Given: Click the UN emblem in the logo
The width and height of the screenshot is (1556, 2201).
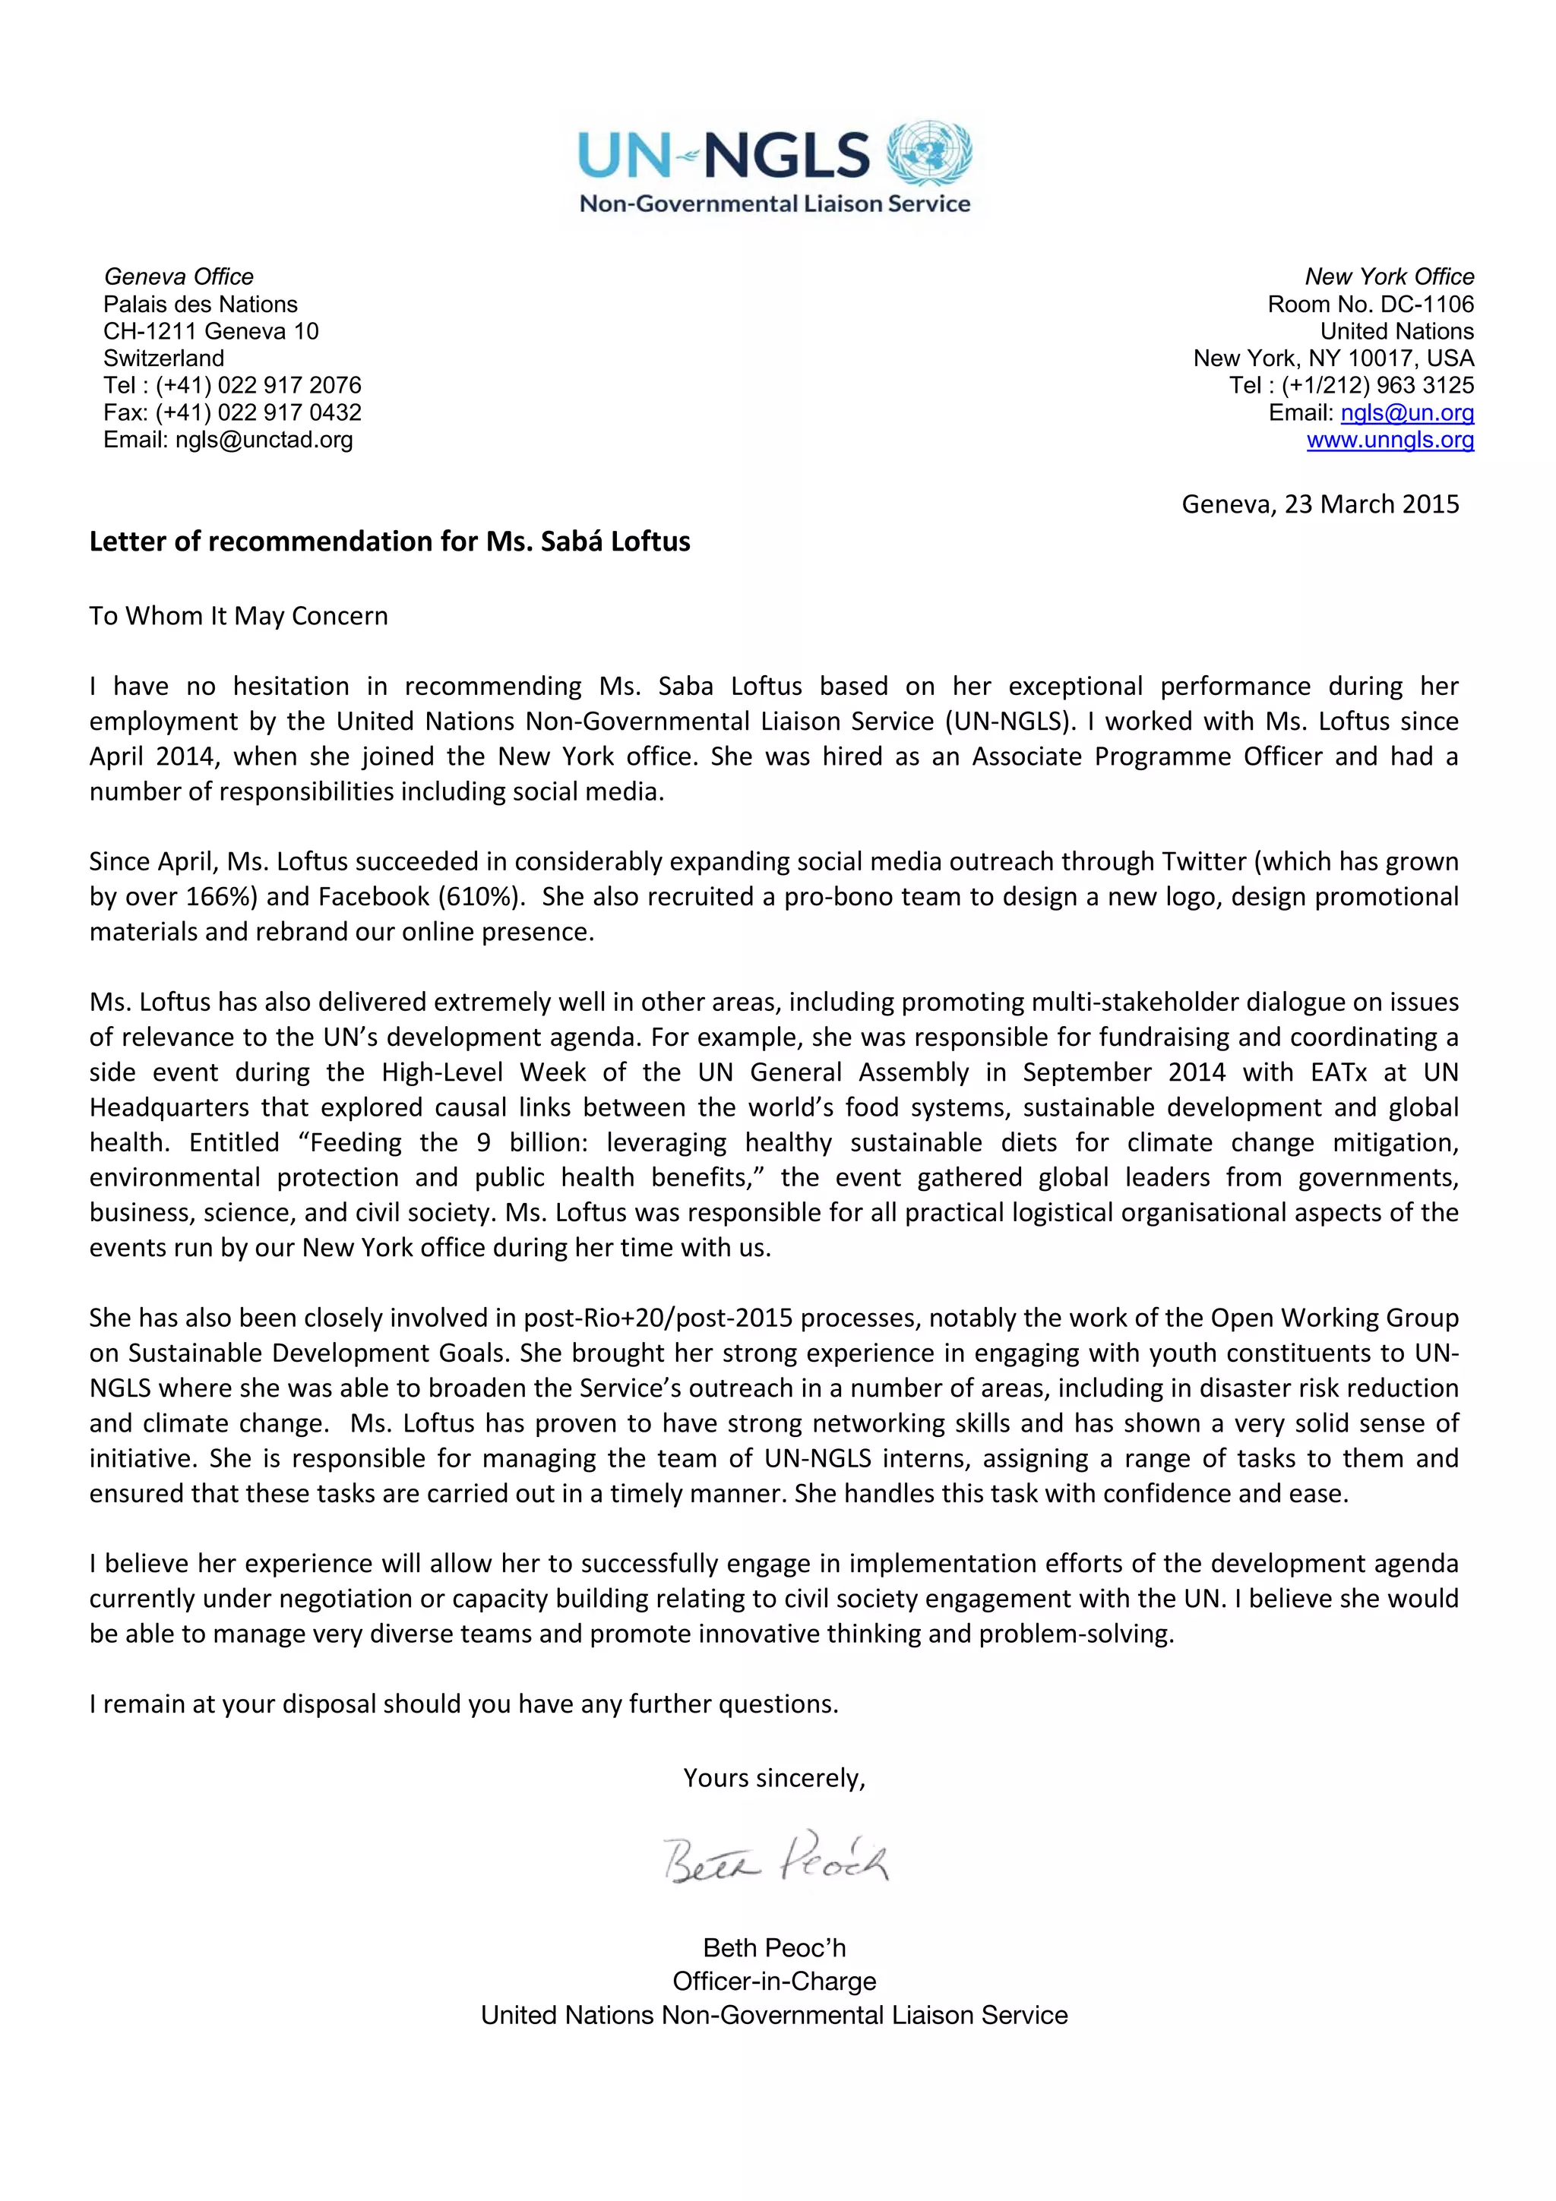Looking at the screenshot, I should (928, 154).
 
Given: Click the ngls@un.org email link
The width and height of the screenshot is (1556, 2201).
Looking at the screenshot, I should (1406, 413).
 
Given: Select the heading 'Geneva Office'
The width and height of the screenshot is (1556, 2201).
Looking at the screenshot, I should (179, 277).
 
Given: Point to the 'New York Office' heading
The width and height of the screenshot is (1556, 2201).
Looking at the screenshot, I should (1388, 277).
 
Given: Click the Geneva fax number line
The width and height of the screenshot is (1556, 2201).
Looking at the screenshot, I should (232, 413).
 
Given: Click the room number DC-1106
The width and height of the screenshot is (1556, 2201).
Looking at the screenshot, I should (1427, 305).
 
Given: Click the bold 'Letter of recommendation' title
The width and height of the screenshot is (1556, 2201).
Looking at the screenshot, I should (389, 542).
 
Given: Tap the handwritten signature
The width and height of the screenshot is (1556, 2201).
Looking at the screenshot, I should (775, 1860).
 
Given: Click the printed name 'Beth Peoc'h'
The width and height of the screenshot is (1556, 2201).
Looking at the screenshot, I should (775, 1948).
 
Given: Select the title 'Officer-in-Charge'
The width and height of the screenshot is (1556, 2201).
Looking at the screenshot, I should (775, 1981).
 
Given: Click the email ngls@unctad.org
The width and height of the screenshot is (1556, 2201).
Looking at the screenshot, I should (264, 440).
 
